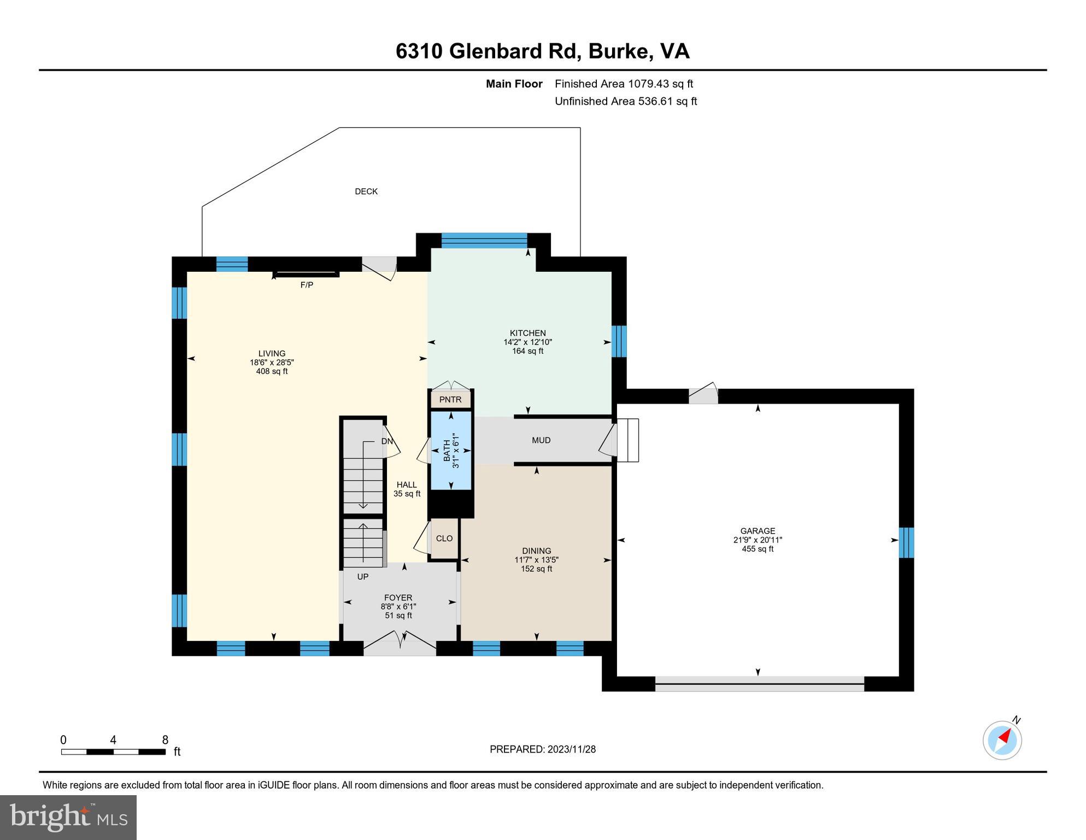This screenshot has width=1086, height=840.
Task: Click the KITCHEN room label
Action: pyautogui.click(x=527, y=333)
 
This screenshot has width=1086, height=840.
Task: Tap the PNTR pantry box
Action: pyautogui.click(x=450, y=400)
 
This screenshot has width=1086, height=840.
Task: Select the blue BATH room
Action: pyautogui.click(x=451, y=450)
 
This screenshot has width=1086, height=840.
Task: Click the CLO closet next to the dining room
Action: pyautogui.click(x=444, y=539)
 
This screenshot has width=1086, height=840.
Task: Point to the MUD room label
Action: pyautogui.click(x=541, y=440)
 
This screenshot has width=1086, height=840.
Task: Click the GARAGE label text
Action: pyautogui.click(x=758, y=531)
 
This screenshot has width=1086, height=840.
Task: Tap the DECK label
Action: pyautogui.click(x=366, y=191)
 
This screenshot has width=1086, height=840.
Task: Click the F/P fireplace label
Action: pyautogui.click(x=307, y=285)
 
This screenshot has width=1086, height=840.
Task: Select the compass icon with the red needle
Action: pyautogui.click(x=1002, y=740)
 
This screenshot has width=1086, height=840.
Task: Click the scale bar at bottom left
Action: pyautogui.click(x=113, y=752)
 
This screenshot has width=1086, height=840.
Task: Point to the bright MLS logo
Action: pyautogui.click(x=68, y=818)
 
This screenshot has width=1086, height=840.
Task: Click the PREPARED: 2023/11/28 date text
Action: pyautogui.click(x=542, y=749)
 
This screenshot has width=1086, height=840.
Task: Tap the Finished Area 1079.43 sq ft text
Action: pyautogui.click(x=624, y=84)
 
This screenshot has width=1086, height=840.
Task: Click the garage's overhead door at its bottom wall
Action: pyautogui.click(x=759, y=684)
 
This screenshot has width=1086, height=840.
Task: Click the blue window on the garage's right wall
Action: pyautogui.click(x=906, y=542)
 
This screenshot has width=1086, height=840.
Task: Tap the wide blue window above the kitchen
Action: pyautogui.click(x=484, y=241)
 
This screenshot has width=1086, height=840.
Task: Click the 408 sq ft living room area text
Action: pyautogui.click(x=272, y=371)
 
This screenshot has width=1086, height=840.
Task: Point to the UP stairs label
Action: pyautogui.click(x=363, y=577)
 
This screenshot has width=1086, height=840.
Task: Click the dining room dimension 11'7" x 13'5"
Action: pyautogui.click(x=536, y=560)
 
